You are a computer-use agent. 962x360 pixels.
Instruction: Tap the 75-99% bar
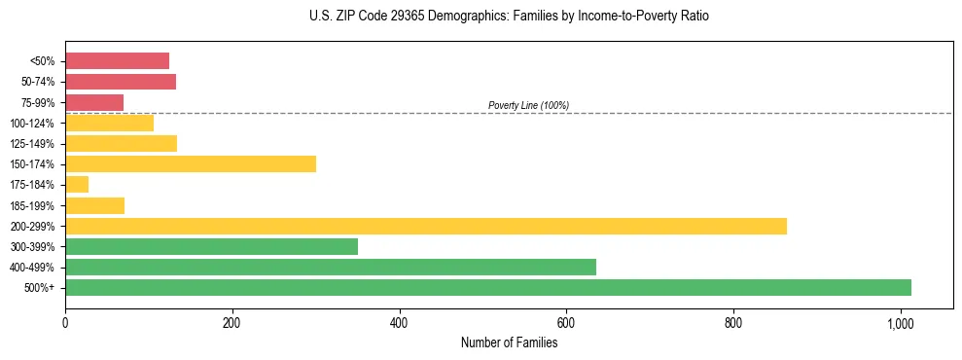(x=94, y=102)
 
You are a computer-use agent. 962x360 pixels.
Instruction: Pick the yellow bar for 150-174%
(x=191, y=163)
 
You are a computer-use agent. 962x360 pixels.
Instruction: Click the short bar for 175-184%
(x=77, y=184)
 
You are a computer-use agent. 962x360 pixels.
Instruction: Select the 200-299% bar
(x=426, y=226)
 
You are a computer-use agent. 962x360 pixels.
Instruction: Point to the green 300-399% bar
(x=211, y=246)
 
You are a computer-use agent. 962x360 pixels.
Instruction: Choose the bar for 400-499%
(x=331, y=267)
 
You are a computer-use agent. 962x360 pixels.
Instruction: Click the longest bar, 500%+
(x=488, y=287)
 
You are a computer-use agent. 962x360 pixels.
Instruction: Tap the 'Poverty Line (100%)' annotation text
(x=528, y=105)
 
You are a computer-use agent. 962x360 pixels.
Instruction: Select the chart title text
(x=509, y=17)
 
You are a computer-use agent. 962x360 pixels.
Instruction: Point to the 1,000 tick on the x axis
(x=900, y=322)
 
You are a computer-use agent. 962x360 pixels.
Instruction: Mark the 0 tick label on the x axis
(x=65, y=322)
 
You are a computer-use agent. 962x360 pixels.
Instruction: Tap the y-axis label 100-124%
(x=32, y=124)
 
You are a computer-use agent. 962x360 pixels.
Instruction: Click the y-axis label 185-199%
(x=32, y=205)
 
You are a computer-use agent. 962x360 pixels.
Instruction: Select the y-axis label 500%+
(x=39, y=288)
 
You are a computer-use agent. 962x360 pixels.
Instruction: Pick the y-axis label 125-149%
(x=32, y=144)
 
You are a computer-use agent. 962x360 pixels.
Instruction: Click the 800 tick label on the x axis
(x=733, y=322)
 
